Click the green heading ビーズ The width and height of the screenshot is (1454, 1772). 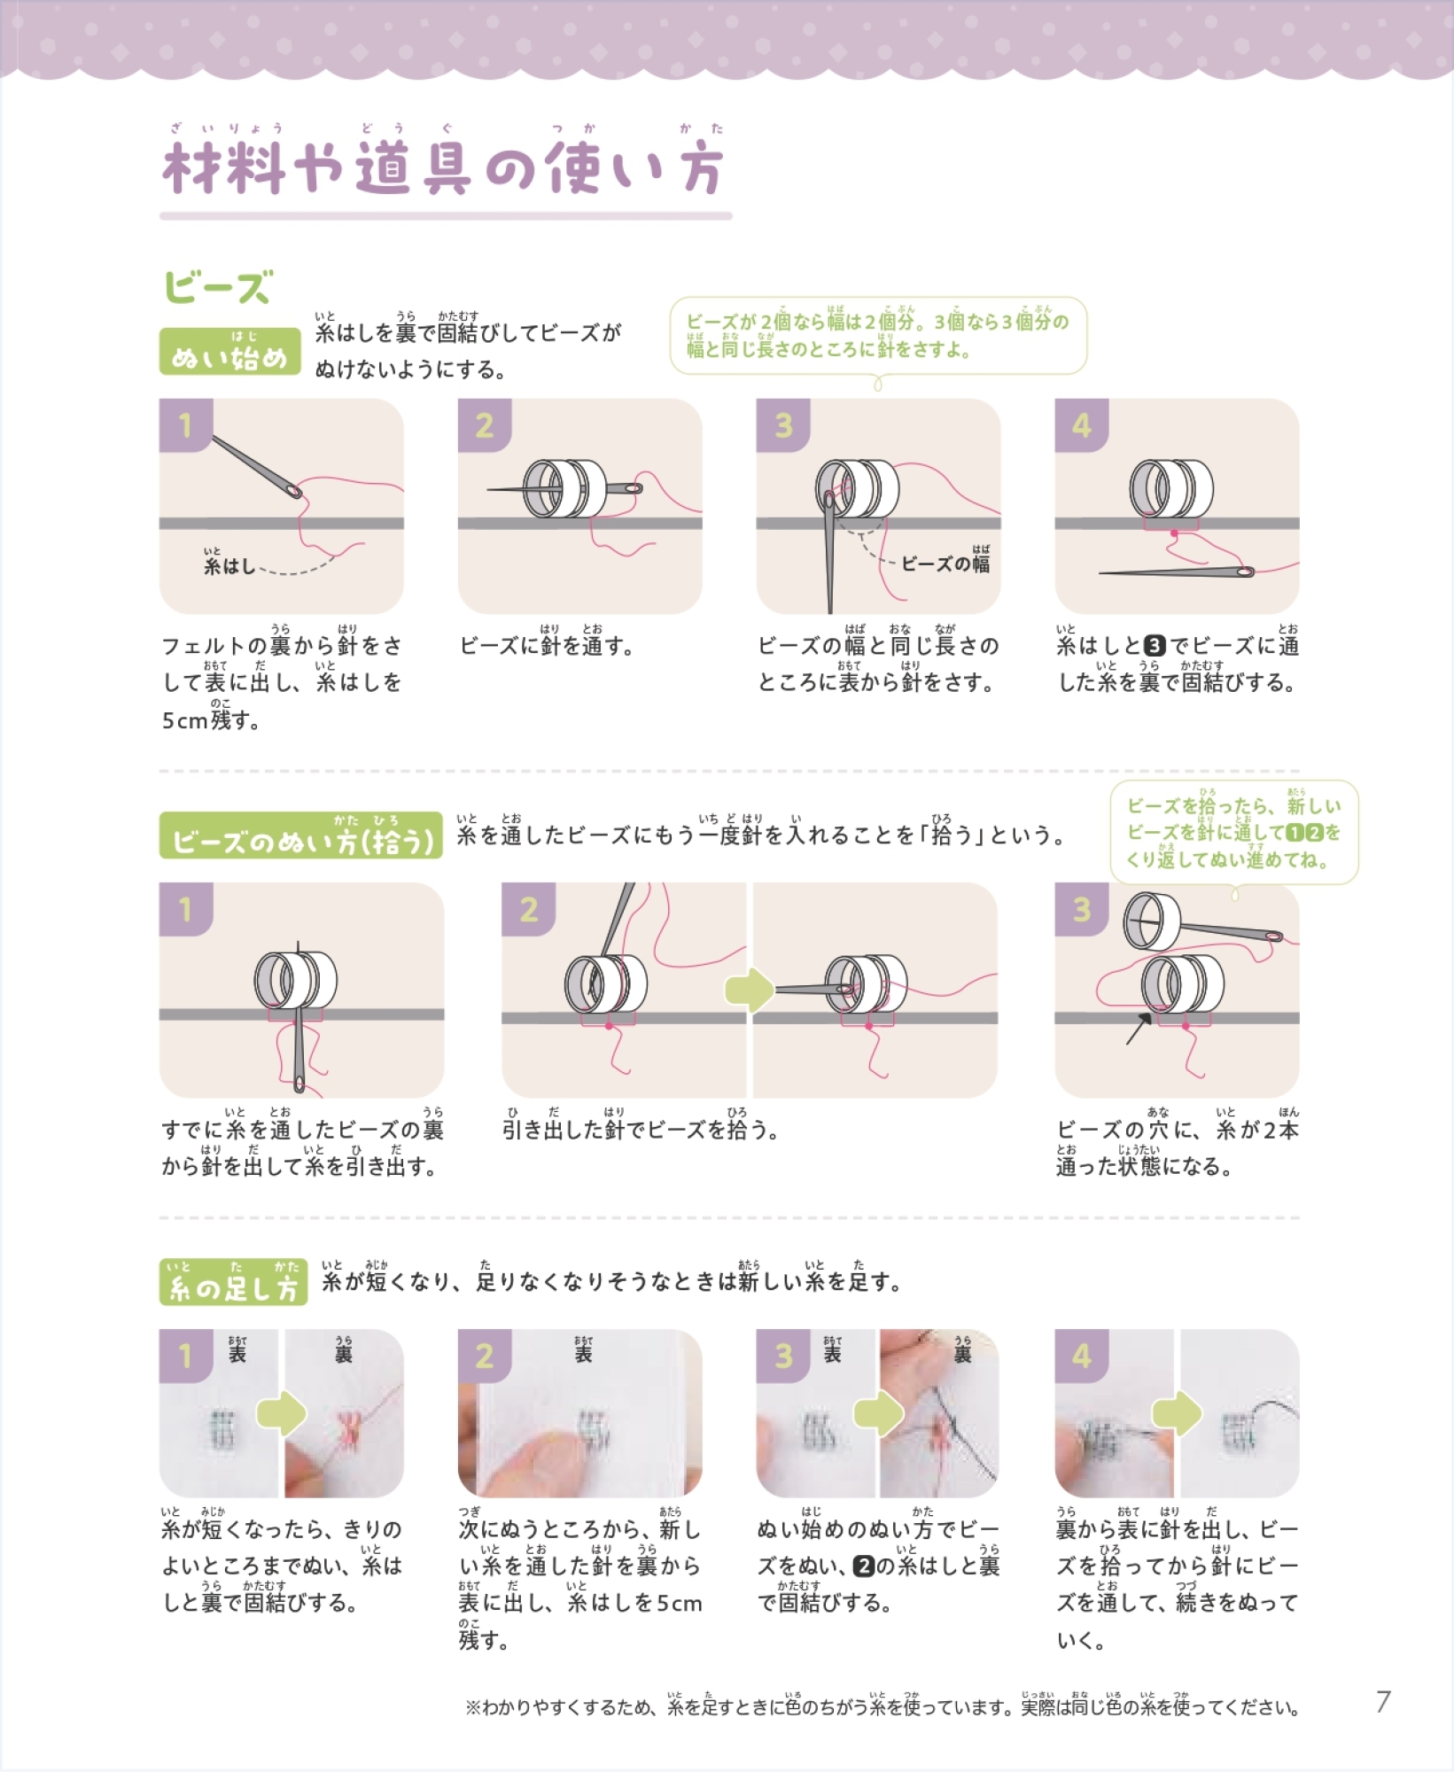pos(218,287)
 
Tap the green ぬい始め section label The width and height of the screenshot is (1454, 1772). pos(229,351)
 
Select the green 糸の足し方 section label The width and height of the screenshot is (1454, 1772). pos(234,1282)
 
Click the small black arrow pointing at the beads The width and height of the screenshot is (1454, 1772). pos(1139,1028)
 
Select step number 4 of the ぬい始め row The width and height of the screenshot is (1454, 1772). pos(1082,425)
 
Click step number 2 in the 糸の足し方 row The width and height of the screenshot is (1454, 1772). pos(485,1356)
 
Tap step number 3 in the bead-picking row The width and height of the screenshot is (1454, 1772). pos(1082,909)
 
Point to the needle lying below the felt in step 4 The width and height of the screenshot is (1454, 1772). pos(1177,571)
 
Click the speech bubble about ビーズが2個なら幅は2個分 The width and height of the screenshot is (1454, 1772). pos(878,336)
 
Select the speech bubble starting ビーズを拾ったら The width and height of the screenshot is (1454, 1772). pos(1234,832)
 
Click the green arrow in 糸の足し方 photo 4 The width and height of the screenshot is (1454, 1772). pos(1177,1413)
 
